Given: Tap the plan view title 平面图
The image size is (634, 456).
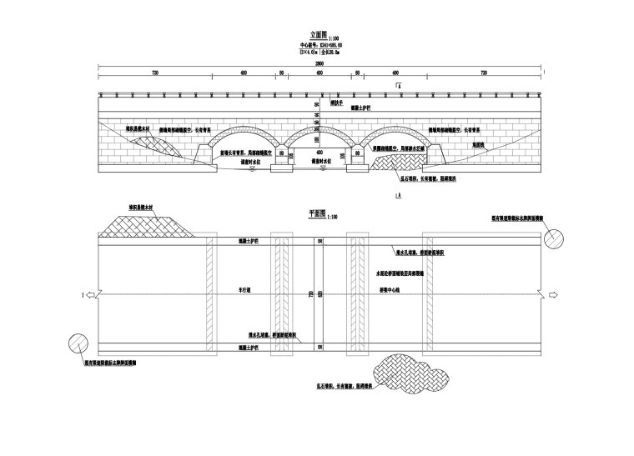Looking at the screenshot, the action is pyautogui.click(x=316, y=215).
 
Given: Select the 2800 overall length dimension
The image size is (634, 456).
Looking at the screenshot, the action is pyautogui.click(x=319, y=63).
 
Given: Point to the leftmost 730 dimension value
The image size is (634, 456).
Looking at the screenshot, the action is pyautogui.click(x=155, y=73).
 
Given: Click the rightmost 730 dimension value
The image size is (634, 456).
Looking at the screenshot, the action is pyautogui.click(x=483, y=73).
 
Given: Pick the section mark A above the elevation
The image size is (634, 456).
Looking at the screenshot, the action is pyautogui.click(x=399, y=86).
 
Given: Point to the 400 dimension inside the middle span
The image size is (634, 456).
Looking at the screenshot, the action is pyautogui.click(x=317, y=153).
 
